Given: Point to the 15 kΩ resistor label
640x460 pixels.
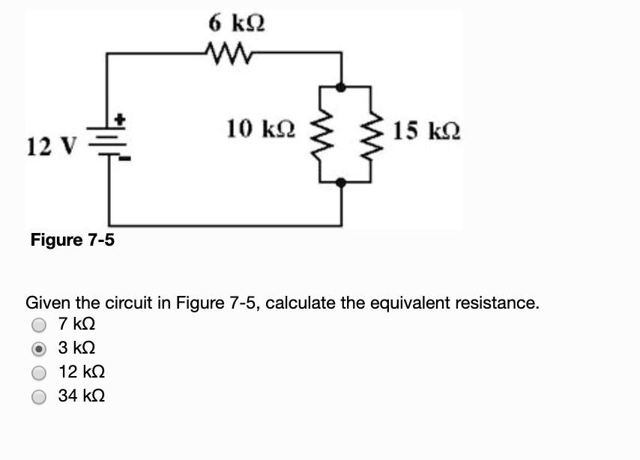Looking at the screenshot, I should point(427,133).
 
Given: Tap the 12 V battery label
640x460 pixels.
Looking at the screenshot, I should point(50,145).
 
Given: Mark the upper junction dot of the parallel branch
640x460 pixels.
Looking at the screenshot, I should point(342,88).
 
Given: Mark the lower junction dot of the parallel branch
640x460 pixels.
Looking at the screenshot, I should point(342,182).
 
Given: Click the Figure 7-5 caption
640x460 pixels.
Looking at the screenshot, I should point(73,240).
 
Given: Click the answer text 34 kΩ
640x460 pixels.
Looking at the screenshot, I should point(82,396).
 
